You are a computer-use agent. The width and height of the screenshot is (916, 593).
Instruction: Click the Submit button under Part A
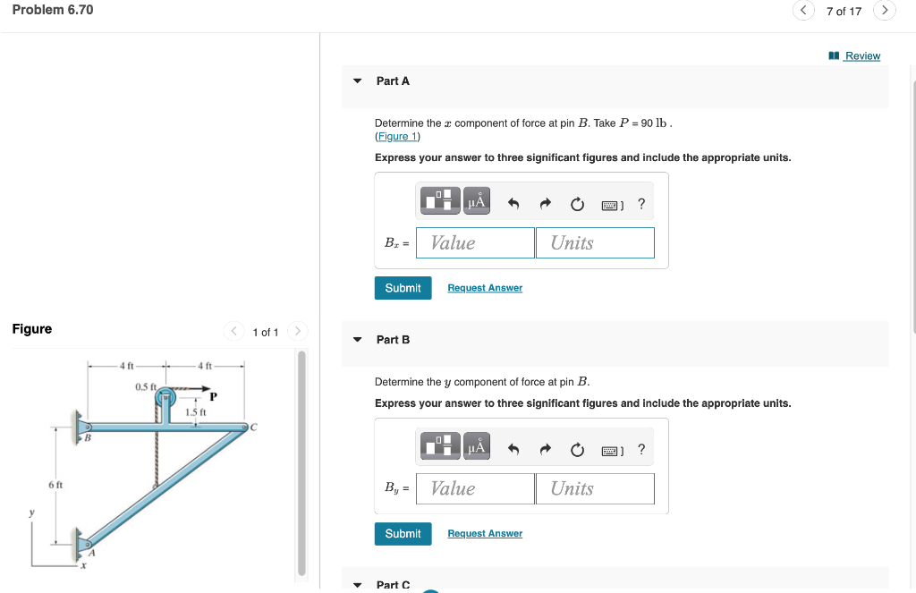click(x=403, y=288)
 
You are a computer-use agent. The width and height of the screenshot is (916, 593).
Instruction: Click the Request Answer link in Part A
click(x=485, y=288)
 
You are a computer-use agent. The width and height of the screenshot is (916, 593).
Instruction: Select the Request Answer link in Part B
click(x=485, y=533)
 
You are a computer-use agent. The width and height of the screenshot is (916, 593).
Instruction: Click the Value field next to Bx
click(x=475, y=242)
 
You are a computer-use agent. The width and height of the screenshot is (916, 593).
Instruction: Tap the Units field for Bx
click(x=595, y=242)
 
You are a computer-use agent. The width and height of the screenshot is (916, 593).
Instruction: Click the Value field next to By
click(x=475, y=488)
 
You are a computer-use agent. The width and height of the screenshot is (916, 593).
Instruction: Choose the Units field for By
click(x=595, y=488)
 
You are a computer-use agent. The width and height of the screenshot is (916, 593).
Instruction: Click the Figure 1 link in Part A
click(x=397, y=136)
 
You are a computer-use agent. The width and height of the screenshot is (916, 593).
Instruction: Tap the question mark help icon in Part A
click(x=641, y=204)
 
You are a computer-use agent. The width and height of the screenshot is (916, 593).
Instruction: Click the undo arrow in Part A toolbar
click(x=513, y=204)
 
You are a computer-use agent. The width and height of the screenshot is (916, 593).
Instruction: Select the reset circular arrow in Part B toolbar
click(x=577, y=449)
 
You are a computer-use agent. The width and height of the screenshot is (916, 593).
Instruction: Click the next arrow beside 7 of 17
click(x=885, y=11)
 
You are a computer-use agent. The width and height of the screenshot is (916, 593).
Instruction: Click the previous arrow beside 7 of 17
click(x=803, y=11)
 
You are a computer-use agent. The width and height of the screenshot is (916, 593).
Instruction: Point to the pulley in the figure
click(x=165, y=408)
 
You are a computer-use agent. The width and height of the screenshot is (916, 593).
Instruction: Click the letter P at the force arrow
click(x=214, y=396)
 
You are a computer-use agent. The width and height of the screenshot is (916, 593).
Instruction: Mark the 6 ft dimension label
click(x=55, y=484)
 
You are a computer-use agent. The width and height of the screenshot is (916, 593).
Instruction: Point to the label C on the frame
click(x=253, y=426)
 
